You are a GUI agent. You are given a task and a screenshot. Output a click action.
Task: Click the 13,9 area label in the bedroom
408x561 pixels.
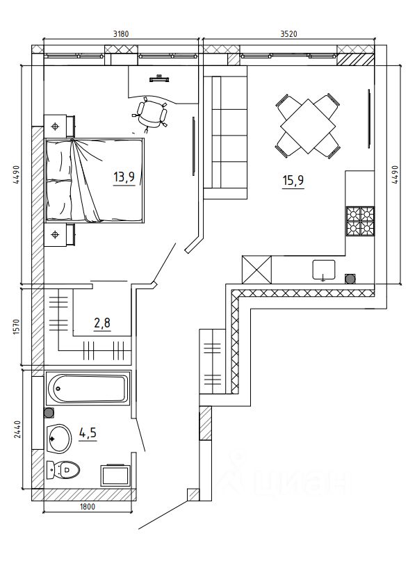(124, 177)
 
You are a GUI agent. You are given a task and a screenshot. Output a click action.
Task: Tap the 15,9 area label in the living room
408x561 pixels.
(293, 180)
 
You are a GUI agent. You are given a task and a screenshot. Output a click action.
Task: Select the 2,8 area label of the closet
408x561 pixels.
(102, 323)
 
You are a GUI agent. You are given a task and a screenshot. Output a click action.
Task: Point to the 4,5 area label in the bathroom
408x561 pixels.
(88, 433)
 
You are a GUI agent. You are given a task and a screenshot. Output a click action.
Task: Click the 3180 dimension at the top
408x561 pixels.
(120, 34)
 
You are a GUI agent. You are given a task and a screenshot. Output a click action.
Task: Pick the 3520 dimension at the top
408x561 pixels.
(289, 34)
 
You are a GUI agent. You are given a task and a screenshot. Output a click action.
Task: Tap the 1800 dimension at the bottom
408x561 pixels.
(88, 507)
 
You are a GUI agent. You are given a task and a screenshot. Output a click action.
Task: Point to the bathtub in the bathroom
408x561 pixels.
(88, 388)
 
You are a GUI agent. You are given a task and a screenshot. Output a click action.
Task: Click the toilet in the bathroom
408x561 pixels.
(63, 469)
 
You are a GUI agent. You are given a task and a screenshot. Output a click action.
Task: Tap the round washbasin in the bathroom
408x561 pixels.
(59, 438)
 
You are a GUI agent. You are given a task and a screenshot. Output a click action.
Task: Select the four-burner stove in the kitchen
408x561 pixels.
(360, 221)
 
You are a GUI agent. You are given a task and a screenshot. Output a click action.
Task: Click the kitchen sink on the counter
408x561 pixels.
(324, 270)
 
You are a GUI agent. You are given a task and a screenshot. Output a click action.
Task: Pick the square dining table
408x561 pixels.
(308, 126)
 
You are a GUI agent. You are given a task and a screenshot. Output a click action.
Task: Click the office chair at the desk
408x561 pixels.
(151, 113)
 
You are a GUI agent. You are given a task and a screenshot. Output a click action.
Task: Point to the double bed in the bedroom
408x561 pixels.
(95, 180)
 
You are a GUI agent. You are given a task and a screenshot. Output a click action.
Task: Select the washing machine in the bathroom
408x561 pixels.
(115, 475)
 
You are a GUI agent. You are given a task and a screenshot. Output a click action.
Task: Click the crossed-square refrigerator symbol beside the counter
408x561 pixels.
(256, 269)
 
